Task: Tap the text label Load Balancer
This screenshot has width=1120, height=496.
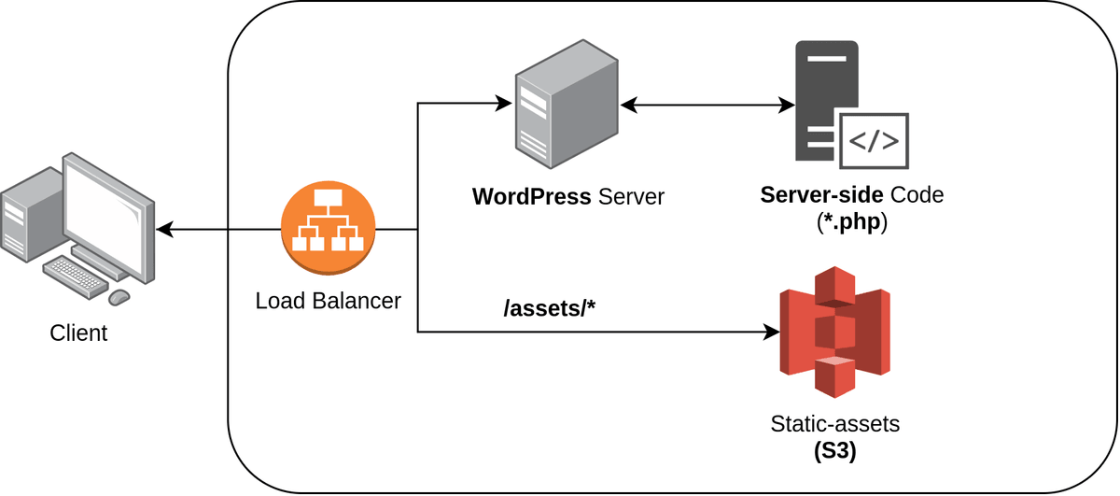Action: point(328,301)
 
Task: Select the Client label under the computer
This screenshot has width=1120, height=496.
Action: point(78,333)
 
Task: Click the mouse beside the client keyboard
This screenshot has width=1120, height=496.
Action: point(119,297)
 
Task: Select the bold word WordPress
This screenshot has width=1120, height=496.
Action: point(531,197)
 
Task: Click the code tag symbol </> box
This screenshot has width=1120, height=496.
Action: point(874,142)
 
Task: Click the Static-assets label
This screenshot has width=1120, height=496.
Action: point(835,423)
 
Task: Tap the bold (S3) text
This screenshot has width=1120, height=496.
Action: point(835,450)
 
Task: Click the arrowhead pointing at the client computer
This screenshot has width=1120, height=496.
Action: point(165,229)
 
